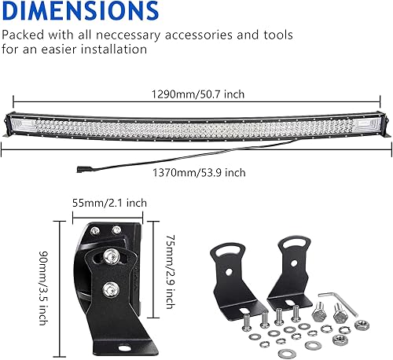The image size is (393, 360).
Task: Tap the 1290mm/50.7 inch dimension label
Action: [x=198, y=94]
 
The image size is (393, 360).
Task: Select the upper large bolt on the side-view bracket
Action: [x=113, y=255]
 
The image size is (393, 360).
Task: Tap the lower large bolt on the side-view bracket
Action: [x=112, y=288]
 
